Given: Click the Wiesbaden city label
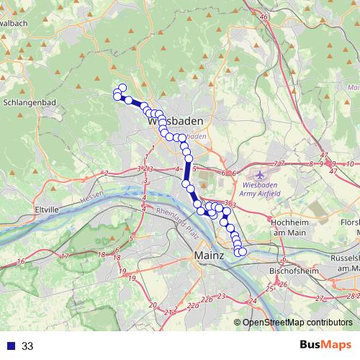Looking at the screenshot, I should pos(174,122).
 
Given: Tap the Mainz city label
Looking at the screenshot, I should pos(210,255).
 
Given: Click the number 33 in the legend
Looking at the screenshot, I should pos(27,346).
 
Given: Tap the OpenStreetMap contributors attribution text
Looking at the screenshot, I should pos(297,323).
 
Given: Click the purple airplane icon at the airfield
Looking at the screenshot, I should pos(260,175).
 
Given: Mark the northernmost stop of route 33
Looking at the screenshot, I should pos(122,88).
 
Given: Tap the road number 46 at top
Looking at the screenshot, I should pos(264,17).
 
